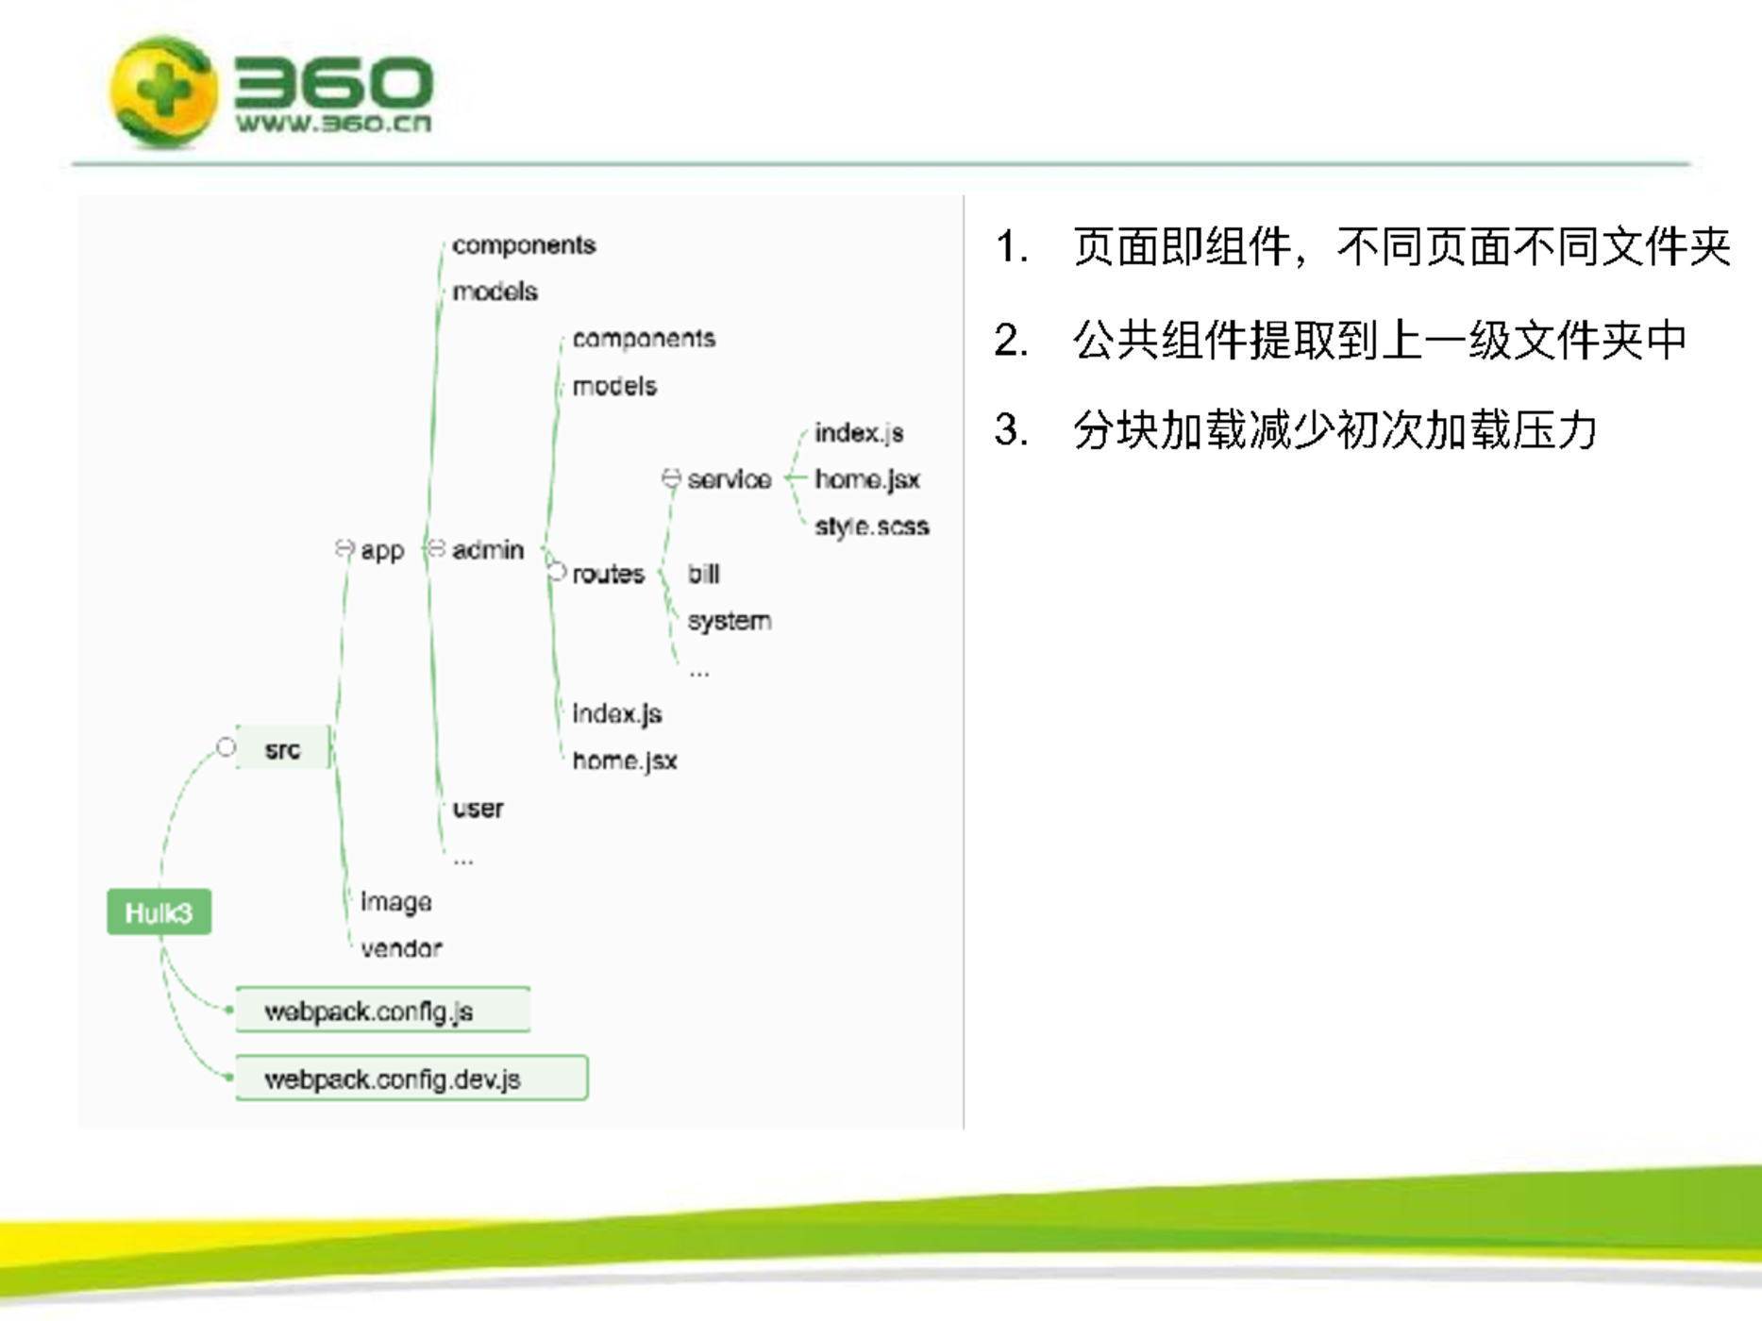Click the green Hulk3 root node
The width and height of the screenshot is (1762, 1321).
click(159, 912)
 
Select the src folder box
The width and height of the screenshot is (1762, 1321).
click(282, 748)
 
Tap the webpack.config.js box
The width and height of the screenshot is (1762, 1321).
click(382, 1011)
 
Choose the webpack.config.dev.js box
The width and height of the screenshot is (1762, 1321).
click(411, 1079)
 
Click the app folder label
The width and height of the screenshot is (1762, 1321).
click(382, 551)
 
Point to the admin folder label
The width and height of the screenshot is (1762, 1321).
click(487, 549)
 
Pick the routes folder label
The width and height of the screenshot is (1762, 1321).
click(608, 574)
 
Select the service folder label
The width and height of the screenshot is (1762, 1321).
click(730, 479)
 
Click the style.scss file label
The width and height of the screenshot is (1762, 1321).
click(871, 527)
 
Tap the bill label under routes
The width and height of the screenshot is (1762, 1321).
click(703, 574)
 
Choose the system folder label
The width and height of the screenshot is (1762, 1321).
click(730, 621)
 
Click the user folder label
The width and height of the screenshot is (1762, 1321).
click(478, 809)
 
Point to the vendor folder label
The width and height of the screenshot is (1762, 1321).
click(401, 948)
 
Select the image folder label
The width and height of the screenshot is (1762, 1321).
click(396, 902)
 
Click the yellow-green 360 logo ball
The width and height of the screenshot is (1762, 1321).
click(163, 92)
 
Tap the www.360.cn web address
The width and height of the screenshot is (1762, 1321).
click(333, 123)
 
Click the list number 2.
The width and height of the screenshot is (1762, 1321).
click(1011, 340)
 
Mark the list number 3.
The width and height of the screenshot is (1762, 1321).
click(1011, 430)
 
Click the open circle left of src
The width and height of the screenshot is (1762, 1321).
click(226, 747)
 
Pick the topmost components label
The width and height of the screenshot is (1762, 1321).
click(524, 245)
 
